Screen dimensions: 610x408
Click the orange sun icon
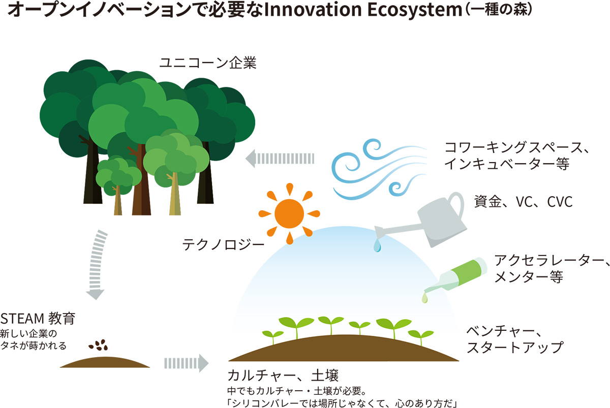click(x=289, y=214)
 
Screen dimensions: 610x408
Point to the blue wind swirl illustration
click(x=379, y=169)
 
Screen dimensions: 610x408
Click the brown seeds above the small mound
click(x=98, y=345)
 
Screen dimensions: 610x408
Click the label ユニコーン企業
click(x=208, y=63)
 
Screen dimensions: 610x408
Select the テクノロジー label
click(x=223, y=244)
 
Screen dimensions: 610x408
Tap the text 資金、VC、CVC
click(x=523, y=202)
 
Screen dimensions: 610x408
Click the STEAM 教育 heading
click(x=38, y=319)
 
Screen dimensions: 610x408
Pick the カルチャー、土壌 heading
click(x=283, y=375)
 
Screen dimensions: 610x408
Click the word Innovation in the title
click(x=313, y=9)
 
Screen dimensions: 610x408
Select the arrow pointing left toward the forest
click(x=280, y=159)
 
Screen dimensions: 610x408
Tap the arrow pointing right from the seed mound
click(x=187, y=363)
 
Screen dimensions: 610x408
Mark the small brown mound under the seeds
click(x=105, y=363)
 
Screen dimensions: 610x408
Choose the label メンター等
click(x=529, y=277)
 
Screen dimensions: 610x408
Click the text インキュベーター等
click(x=507, y=164)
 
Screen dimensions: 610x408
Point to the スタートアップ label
click(x=515, y=348)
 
